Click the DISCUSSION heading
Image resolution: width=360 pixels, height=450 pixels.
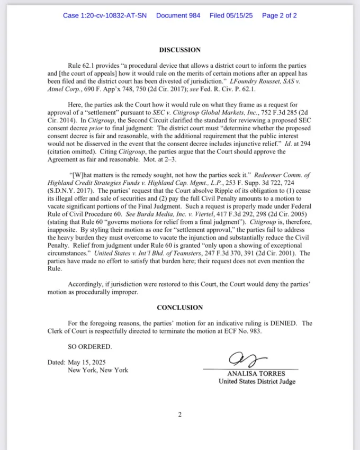[x=179, y=50]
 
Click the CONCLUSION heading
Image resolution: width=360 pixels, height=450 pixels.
[x=179, y=308]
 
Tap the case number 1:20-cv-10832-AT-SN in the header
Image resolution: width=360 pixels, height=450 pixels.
[x=105, y=15]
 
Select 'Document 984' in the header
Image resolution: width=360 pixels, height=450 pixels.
[x=178, y=15]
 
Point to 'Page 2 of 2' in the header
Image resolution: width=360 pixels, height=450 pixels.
[x=279, y=15]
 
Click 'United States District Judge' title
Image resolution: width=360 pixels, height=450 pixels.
[x=257, y=381]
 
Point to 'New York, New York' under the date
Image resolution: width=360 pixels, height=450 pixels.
[x=97, y=370]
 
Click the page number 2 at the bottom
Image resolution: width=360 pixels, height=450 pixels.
[x=179, y=415]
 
